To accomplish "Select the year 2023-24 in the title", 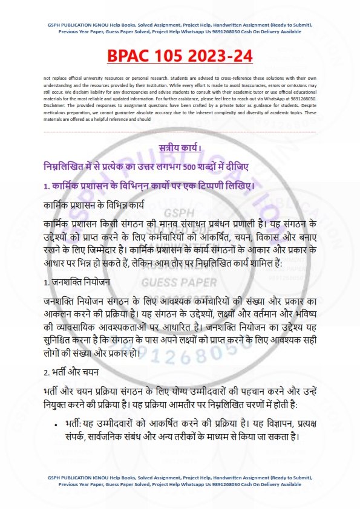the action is [x=224, y=56].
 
